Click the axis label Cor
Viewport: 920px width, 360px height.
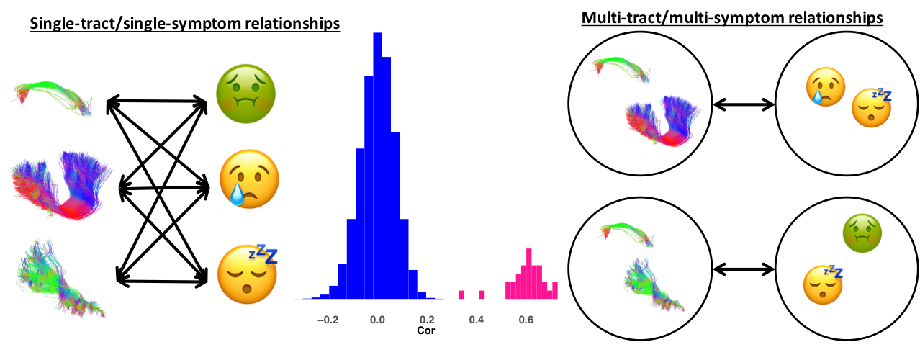[x=426, y=331]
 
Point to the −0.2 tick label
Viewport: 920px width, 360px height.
[x=328, y=320]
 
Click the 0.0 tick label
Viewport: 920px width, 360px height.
[x=377, y=320]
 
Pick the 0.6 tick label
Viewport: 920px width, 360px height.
[x=526, y=320]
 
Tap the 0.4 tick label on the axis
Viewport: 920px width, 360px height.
[x=476, y=320]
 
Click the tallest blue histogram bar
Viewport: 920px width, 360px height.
[x=377, y=166]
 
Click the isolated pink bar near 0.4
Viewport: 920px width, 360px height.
[x=482, y=294]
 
